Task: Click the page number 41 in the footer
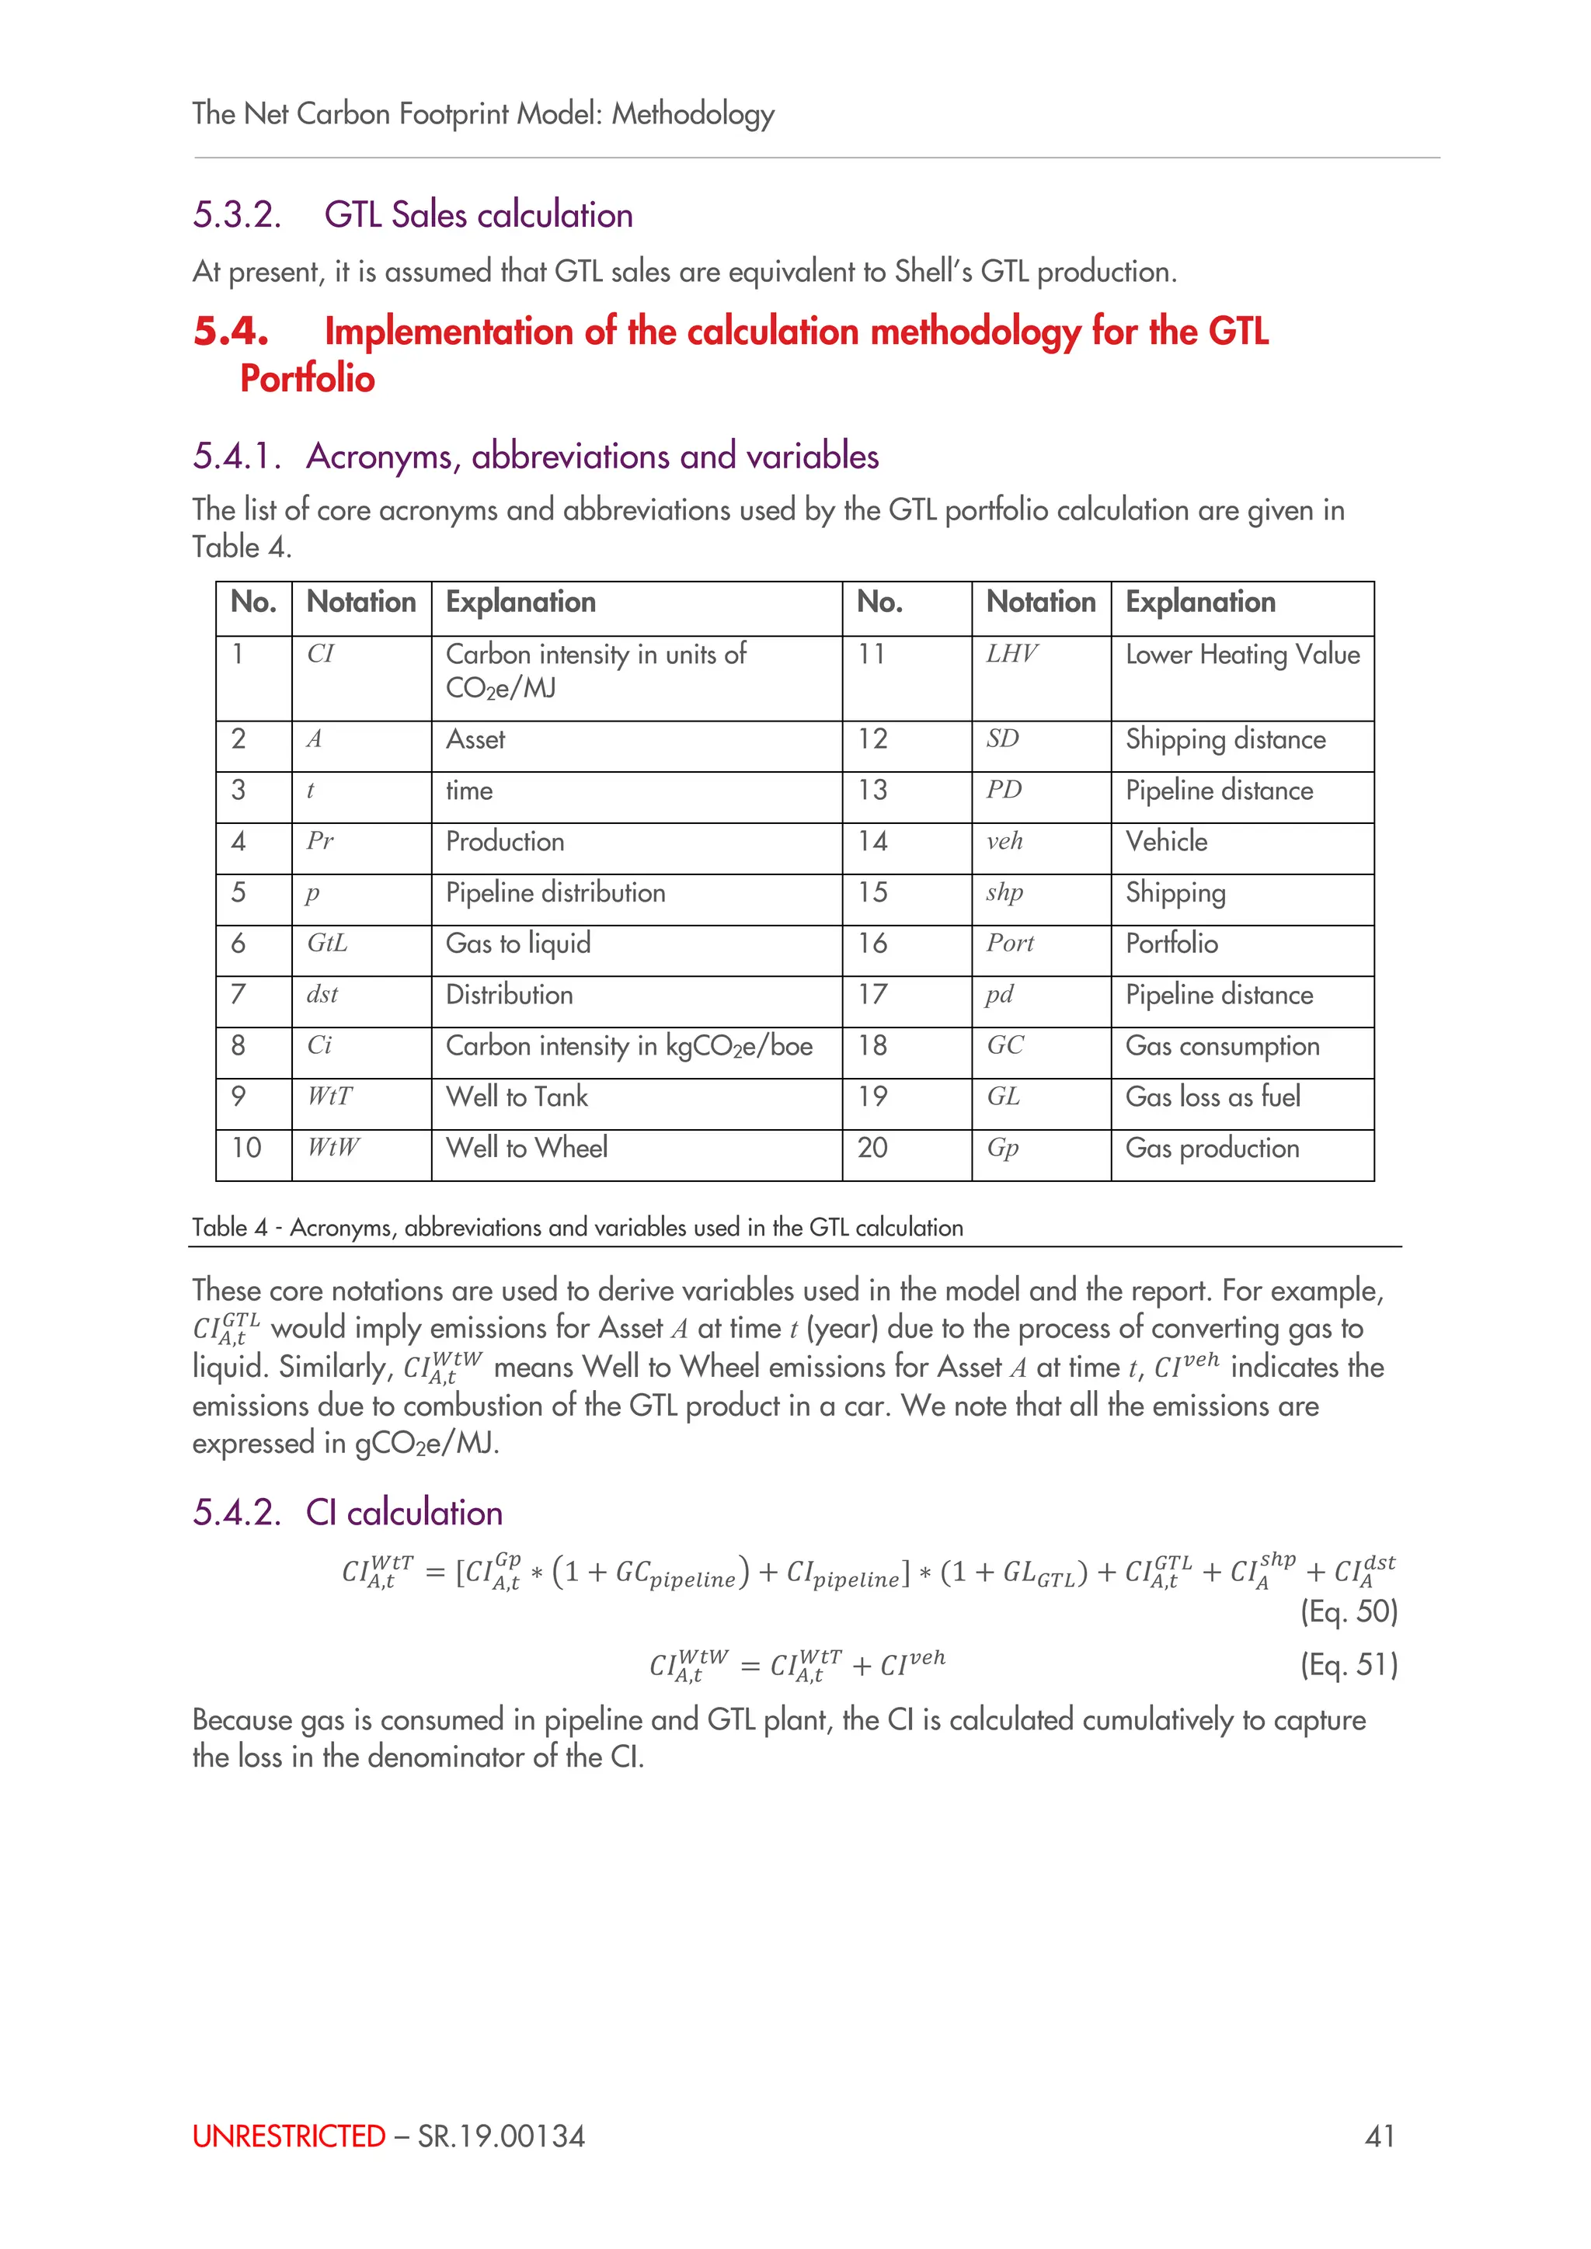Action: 1380,2136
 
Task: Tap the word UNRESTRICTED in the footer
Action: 289,2136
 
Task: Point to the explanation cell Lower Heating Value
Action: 1242,655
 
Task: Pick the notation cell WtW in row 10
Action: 333,1147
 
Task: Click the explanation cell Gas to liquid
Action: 518,944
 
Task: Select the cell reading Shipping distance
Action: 1226,739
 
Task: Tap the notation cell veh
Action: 1004,841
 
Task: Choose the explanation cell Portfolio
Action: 1171,944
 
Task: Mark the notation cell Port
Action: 1009,944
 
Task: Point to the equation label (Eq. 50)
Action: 1348,1611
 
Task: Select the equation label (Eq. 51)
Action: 1348,1664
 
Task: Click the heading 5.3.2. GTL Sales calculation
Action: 413,214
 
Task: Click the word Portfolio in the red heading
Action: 307,379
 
